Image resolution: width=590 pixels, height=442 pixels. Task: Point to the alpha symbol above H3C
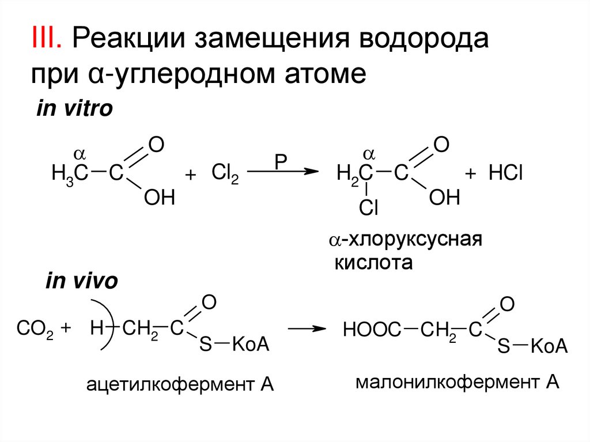[80, 153]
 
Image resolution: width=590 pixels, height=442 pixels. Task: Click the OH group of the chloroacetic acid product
[445, 199]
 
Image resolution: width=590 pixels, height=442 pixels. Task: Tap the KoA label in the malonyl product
[549, 347]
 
